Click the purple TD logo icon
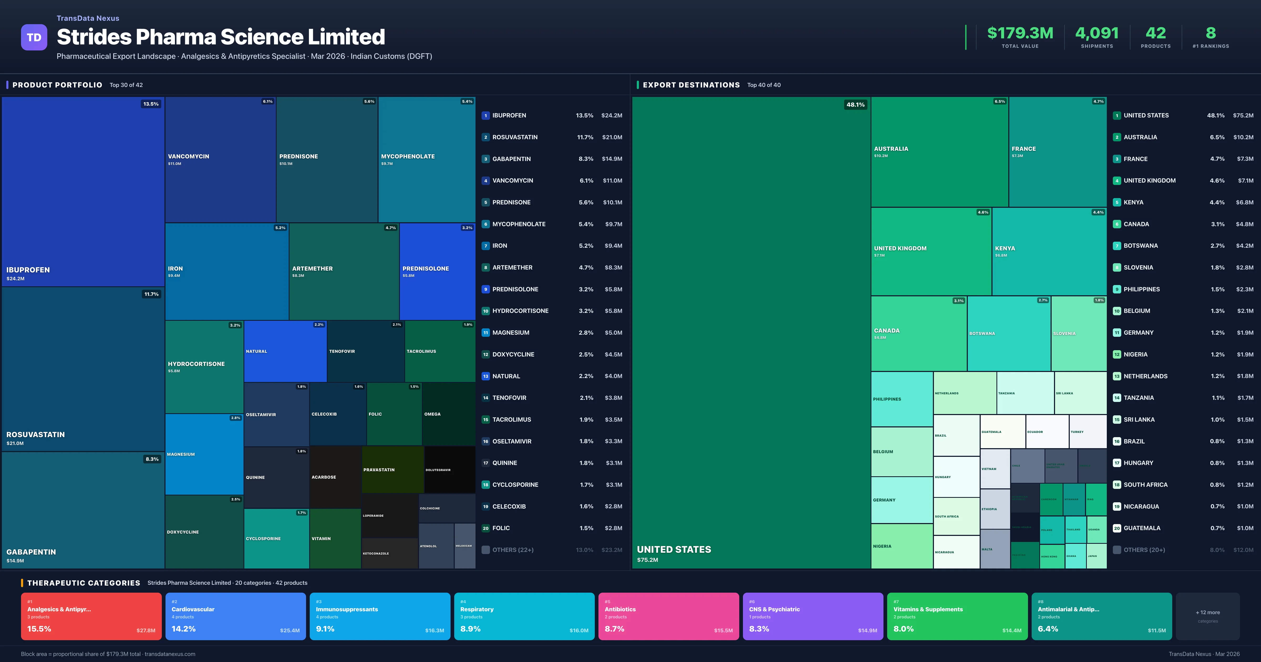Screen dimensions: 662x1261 (x=34, y=37)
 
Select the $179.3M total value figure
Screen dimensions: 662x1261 (x=1020, y=33)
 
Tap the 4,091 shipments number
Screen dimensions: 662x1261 (x=1097, y=33)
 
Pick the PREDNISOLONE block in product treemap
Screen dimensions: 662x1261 (x=437, y=271)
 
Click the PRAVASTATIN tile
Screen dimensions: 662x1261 (x=392, y=469)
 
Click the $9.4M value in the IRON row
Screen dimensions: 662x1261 (x=613, y=246)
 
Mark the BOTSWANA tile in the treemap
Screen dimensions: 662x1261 (x=1009, y=333)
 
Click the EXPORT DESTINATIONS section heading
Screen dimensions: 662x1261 (x=691, y=85)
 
